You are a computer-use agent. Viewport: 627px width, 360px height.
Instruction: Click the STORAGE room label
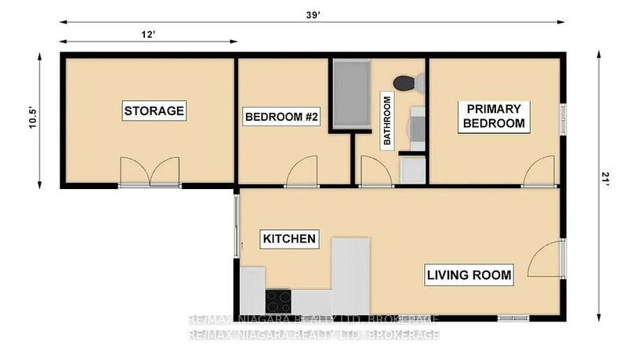point(154,111)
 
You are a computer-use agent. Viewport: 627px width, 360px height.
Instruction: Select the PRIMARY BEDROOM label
point(495,115)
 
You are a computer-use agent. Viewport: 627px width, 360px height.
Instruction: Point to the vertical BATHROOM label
point(386,120)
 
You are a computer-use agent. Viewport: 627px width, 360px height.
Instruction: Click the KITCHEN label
point(288,238)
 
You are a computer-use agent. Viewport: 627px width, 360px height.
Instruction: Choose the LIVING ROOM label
point(469,275)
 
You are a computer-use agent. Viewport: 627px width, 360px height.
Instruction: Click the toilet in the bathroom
point(406,82)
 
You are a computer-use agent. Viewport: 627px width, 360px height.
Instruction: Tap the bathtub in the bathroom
point(350,93)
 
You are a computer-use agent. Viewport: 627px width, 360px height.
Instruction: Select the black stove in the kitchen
point(278,300)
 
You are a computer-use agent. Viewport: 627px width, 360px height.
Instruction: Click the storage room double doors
point(150,172)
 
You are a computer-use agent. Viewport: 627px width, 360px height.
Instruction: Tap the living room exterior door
point(544,260)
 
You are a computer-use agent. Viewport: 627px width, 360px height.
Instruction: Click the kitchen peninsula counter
point(350,275)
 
